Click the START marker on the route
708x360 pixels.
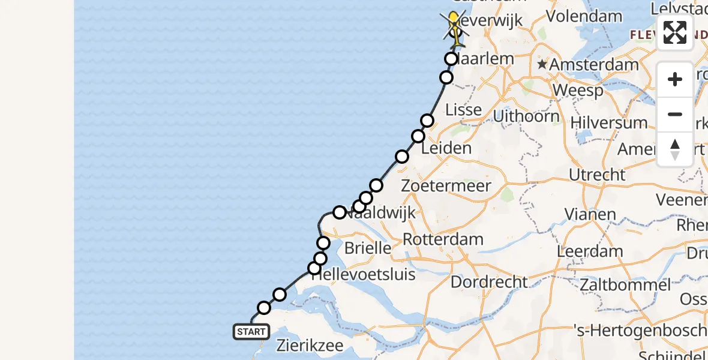click(251, 332)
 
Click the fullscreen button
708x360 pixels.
click(675, 32)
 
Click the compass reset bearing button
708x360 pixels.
click(675, 149)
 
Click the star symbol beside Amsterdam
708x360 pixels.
click(542, 64)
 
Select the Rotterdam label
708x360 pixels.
click(443, 239)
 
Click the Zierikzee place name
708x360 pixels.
click(310, 346)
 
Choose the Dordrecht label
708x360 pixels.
click(489, 281)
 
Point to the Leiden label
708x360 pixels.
click(446, 148)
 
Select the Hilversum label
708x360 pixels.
click(609, 123)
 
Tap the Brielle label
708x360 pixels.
click(368, 247)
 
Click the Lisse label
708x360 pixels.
click(464, 109)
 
